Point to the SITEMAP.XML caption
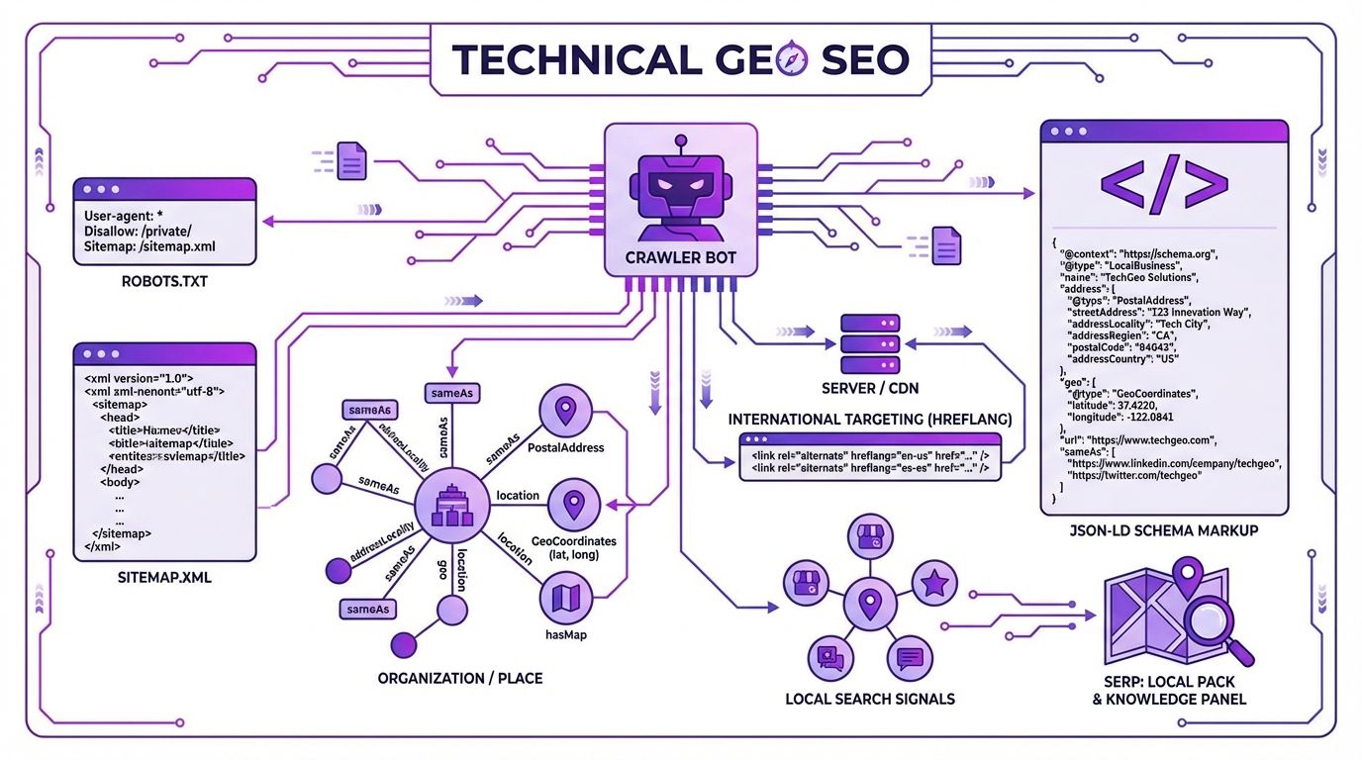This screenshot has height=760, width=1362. pyautogui.click(x=163, y=577)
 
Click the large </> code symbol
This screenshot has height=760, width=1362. pyautogui.click(x=1164, y=184)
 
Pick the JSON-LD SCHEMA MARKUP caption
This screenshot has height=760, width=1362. pyautogui.click(x=1164, y=531)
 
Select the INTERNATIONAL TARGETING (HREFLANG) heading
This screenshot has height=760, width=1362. pyautogui.click(x=868, y=419)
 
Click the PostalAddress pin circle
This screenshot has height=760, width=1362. pyautogui.click(x=566, y=412)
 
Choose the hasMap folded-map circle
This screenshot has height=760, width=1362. pyautogui.click(x=567, y=599)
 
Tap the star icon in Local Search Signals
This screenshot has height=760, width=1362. pyautogui.click(x=933, y=584)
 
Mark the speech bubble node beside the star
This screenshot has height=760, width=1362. pyautogui.click(x=910, y=657)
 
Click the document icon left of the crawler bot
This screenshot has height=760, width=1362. pyautogui.click(x=352, y=160)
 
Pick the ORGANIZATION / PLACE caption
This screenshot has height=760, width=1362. pyautogui.click(x=460, y=679)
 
